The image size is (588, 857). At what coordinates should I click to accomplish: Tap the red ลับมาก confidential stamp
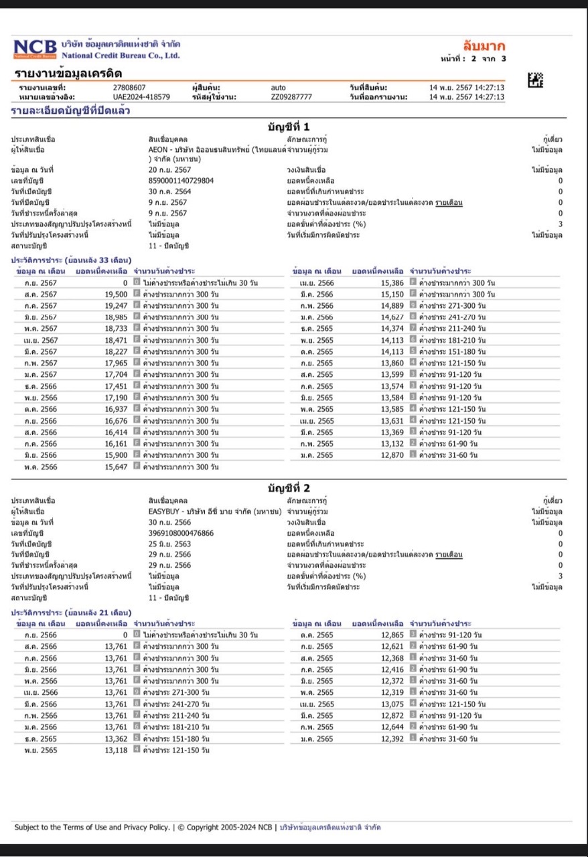pos(484,46)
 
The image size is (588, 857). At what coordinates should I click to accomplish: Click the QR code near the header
pos(535,80)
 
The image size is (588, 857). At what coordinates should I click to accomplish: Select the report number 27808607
pos(129,87)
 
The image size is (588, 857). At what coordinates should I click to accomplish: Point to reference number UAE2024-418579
pos(141,96)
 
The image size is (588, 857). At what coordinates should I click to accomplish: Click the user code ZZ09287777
pos(291,96)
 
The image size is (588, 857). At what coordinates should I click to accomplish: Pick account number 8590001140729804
pos(181,180)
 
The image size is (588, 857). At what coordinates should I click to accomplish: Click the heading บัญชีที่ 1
pos(289,127)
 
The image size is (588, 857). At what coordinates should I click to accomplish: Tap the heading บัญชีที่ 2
pos(289,488)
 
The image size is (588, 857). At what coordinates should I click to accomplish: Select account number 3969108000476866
pos(181,533)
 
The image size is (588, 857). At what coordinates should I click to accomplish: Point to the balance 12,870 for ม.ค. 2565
pos(392,455)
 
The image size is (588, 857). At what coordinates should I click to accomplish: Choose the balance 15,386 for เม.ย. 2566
pos(392,283)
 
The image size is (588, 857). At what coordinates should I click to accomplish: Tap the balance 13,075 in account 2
pos(392,704)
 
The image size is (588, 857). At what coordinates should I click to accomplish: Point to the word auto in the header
pos(278,87)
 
